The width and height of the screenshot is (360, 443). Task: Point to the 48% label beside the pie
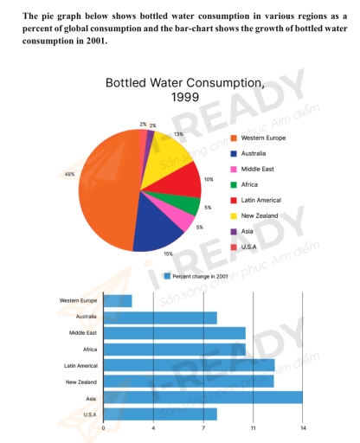click(70, 174)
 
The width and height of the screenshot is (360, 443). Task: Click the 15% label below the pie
click(168, 254)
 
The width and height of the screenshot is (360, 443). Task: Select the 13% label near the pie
click(178, 134)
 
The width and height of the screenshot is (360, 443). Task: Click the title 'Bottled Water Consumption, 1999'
click(184, 89)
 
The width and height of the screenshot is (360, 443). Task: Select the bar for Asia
click(202, 397)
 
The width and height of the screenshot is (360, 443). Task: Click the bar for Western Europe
click(118, 301)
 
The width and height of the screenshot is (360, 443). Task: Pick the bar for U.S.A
click(160, 414)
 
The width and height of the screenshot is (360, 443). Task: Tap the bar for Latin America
click(189, 365)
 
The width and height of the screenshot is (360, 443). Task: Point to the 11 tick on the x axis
click(254, 428)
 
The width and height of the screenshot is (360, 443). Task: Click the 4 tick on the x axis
click(153, 428)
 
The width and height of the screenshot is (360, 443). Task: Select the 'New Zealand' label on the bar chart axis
click(83, 382)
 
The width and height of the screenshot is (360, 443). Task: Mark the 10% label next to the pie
click(208, 179)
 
